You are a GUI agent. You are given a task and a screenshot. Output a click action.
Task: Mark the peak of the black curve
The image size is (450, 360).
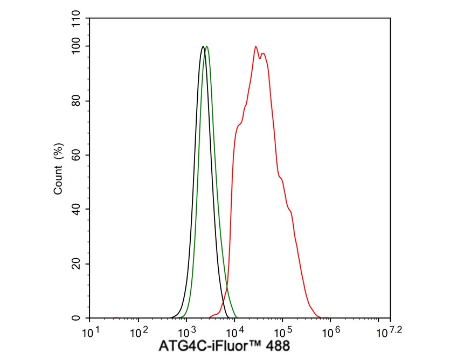(203, 46)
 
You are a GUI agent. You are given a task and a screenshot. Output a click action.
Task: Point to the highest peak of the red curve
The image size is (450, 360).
(256, 46)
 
